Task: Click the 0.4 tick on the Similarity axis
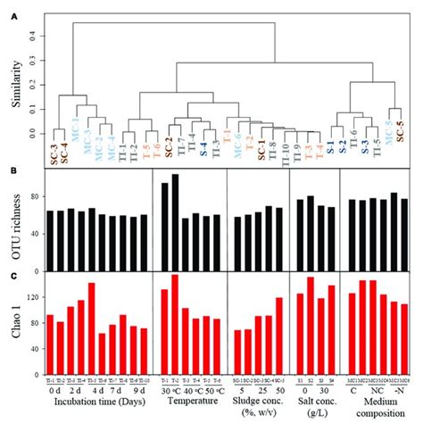tap(32, 37)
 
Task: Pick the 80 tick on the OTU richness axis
tap(32, 195)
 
